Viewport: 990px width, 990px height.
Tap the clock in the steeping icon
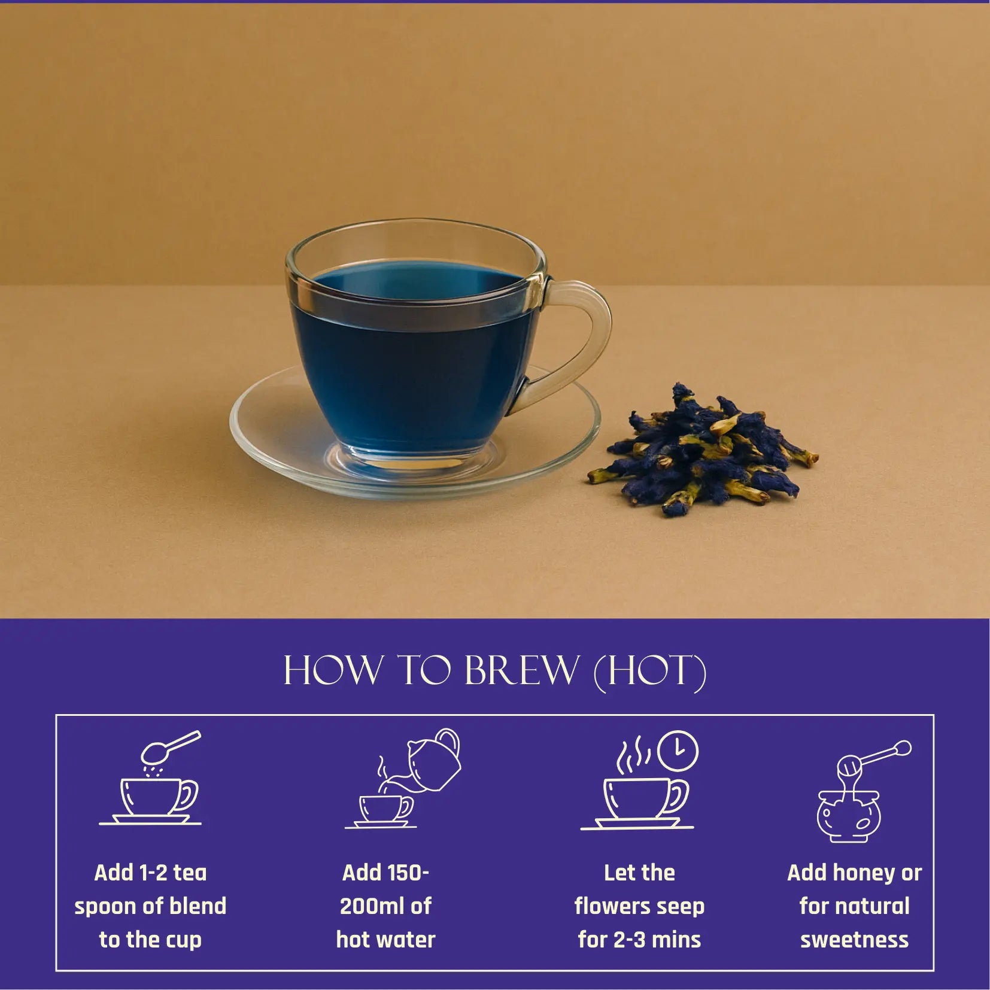tap(678, 751)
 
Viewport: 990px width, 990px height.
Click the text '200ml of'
tap(385, 906)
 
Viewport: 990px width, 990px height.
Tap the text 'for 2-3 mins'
tap(639, 940)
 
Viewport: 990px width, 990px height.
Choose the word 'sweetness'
tap(854, 940)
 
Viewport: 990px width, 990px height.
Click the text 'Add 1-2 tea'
tap(150, 873)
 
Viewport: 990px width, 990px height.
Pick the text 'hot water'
tap(385, 940)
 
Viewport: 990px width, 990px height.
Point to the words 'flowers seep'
tap(639, 906)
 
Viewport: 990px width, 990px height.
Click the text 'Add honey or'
tap(854, 873)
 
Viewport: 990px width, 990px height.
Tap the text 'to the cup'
tap(150, 940)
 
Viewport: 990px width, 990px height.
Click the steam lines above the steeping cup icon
tap(634, 755)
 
